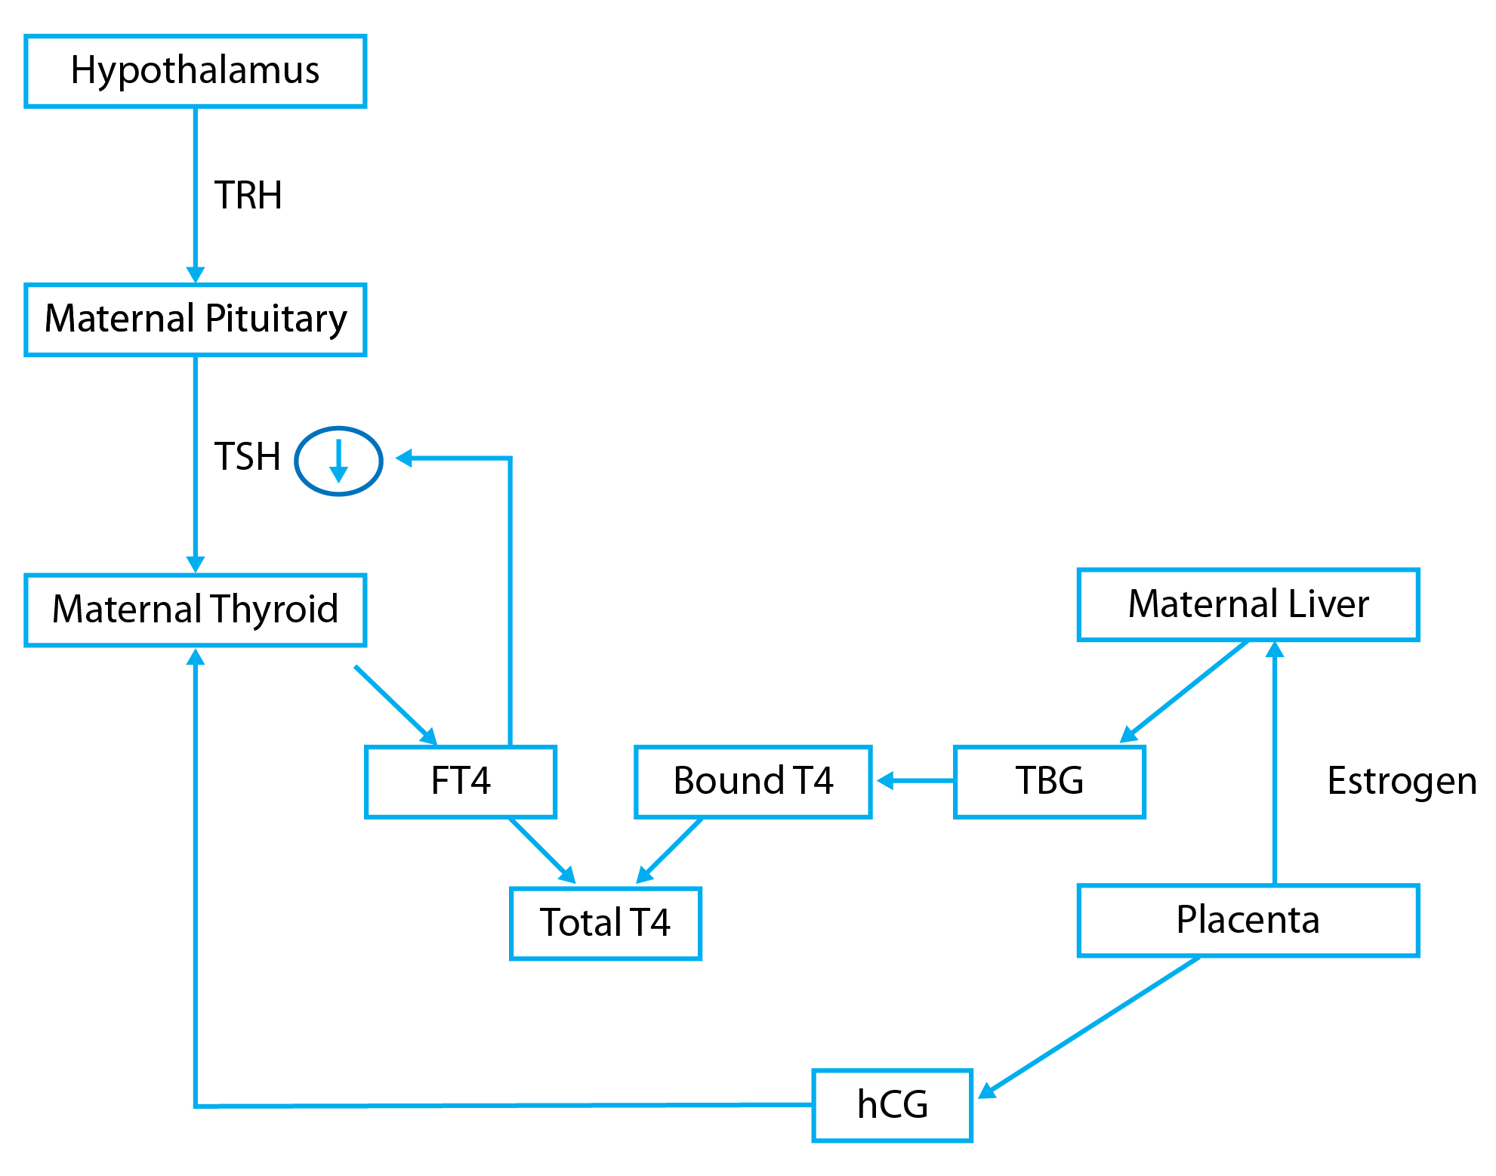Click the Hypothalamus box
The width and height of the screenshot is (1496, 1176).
point(195,71)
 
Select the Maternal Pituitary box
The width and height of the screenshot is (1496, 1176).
point(195,319)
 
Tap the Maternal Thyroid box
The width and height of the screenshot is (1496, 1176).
point(195,610)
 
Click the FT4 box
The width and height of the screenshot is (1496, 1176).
point(461,782)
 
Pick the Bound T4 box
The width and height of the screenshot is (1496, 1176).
point(753,782)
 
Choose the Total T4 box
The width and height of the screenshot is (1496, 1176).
point(606,923)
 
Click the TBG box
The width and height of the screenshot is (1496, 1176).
point(1050,782)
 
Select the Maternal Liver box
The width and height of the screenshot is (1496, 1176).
point(1248,604)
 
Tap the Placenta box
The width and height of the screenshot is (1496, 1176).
point(1248,920)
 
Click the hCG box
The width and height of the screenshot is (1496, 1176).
point(892,1105)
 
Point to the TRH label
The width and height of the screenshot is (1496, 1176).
point(248,196)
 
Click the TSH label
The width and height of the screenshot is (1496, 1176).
point(248,457)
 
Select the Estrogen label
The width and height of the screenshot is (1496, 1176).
point(1402,782)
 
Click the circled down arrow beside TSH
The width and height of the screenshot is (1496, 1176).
point(338,461)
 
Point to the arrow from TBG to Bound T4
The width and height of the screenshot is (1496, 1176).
point(915,781)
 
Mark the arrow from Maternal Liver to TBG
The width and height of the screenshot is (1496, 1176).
point(1184,691)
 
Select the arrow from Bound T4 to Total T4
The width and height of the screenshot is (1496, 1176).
point(670,850)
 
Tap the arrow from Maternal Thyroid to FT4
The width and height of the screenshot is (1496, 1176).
point(396,705)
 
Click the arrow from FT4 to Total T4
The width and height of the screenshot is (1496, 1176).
point(542,850)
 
